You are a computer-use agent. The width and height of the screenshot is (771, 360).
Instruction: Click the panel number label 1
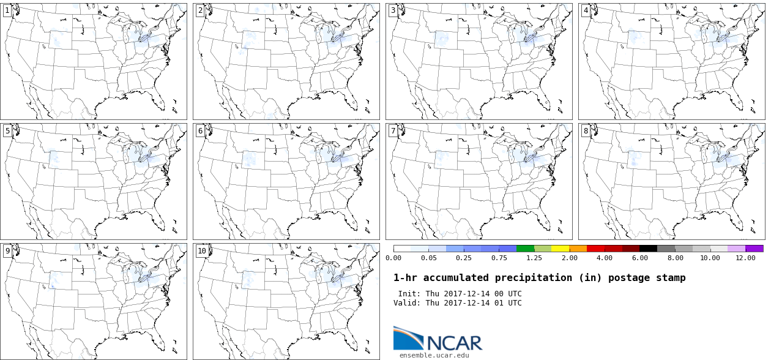click(7, 10)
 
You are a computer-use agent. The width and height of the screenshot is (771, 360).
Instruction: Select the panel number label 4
click(586, 10)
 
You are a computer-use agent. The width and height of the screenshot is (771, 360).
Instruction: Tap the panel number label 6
click(200, 131)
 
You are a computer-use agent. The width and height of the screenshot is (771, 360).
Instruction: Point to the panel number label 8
click(586, 131)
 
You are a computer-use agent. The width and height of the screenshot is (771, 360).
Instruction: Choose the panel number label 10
click(202, 251)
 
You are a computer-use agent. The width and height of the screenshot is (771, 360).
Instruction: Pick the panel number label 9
click(7, 251)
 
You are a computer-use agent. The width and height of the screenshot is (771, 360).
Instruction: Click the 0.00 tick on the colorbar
click(393, 258)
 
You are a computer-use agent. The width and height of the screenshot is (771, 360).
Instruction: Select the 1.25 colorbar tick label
click(534, 258)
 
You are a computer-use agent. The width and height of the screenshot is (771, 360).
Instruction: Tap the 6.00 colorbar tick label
click(639, 258)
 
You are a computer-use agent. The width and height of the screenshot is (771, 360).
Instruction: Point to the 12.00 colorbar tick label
click(745, 258)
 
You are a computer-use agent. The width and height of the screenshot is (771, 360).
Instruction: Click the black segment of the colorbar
click(649, 249)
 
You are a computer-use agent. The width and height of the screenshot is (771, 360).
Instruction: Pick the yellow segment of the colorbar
click(561, 249)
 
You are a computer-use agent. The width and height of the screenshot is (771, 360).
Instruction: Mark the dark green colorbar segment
click(525, 249)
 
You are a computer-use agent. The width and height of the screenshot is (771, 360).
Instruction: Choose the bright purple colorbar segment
click(754, 249)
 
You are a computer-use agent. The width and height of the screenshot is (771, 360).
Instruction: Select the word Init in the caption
click(408, 294)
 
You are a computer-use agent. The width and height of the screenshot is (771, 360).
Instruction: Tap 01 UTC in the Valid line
click(507, 303)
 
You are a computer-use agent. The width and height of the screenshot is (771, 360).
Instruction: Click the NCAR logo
click(438, 339)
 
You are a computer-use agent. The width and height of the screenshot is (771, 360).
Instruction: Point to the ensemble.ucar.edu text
click(434, 355)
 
